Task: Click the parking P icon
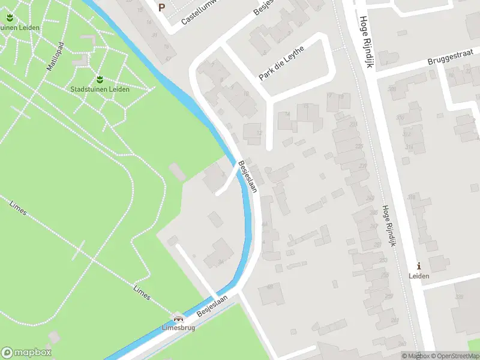pyautogui.click(x=161, y=7)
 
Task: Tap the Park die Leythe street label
pyautogui.click(x=282, y=62)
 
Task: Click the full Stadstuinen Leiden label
pyautogui.click(x=100, y=89)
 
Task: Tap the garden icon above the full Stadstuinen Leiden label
pyautogui.click(x=100, y=79)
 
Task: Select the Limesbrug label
pyautogui.click(x=178, y=329)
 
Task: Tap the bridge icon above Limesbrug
pyautogui.click(x=178, y=319)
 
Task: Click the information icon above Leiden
pyautogui.click(x=419, y=266)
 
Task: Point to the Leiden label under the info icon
pyautogui.click(x=419, y=276)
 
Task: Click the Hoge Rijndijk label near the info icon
pyautogui.click(x=389, y=226)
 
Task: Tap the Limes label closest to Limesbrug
pyautogui.click(x=142, y=292)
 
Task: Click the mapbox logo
pyautogui.click(x=26, y=353)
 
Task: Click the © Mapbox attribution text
pyautogui.click(x=415, y=356)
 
